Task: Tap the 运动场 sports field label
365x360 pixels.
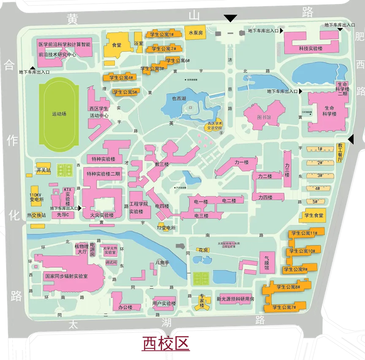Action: (x=59, y=114)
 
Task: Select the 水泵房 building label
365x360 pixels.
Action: (x=196, y=32)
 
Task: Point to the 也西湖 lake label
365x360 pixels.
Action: (x=179, y=99)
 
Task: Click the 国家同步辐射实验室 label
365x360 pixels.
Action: (x=66, y=277)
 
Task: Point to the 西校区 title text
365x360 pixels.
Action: (x=165, y=343)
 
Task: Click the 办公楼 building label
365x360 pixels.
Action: (x=125, y=307)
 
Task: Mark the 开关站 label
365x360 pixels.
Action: (x=43, y=170)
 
